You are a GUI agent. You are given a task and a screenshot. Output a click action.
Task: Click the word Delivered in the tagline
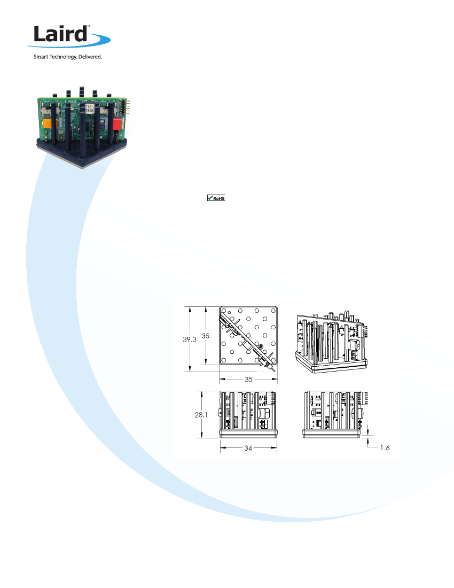click(90, 57)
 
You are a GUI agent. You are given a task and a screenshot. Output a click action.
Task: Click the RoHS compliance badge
click(216, 198)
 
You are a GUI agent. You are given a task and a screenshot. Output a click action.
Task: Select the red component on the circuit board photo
click(116, 123)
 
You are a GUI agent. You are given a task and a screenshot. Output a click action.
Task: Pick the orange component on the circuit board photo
click(49, 123)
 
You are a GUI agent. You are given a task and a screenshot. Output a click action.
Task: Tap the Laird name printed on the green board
click(71, 102)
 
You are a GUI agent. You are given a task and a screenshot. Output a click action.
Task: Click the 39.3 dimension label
click(190, 339)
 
